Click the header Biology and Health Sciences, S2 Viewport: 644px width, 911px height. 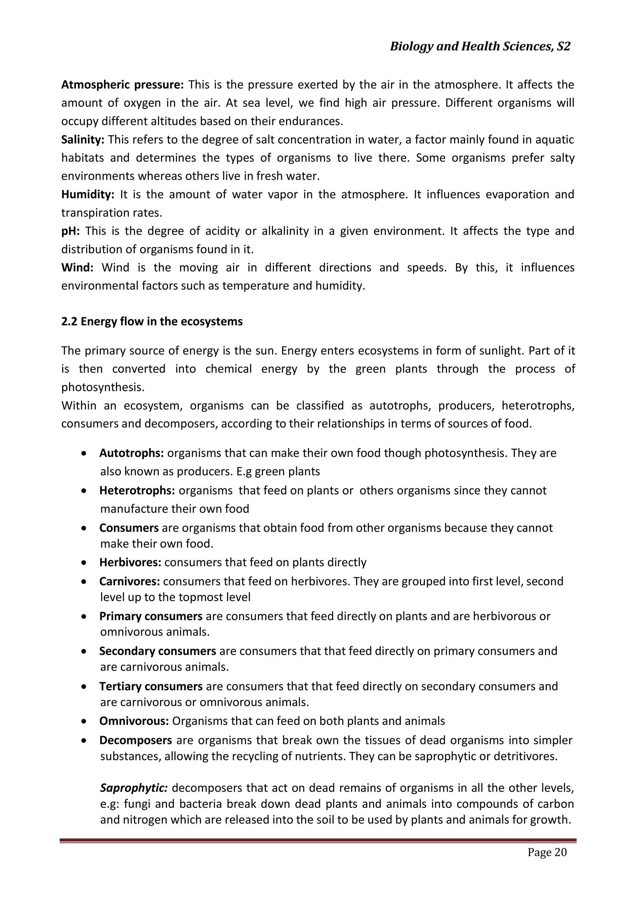[x=480, y=47]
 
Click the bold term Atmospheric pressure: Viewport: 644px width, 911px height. [x=122, y=85]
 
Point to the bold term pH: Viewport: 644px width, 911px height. [x=70, y=231]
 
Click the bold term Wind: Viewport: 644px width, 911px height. [x=77, y=267]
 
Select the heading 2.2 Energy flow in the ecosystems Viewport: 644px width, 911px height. [x=152, y=321]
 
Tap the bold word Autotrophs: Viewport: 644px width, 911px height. [x=131, y=453]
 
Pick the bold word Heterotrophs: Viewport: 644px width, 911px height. [x=137, y=491]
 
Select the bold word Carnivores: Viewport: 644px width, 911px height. [x=129, y=582]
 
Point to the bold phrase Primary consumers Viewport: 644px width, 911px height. [x=151, y=616]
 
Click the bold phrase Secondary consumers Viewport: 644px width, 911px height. [x=158, y=651]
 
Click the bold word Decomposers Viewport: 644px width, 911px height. [x=135, y=740]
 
